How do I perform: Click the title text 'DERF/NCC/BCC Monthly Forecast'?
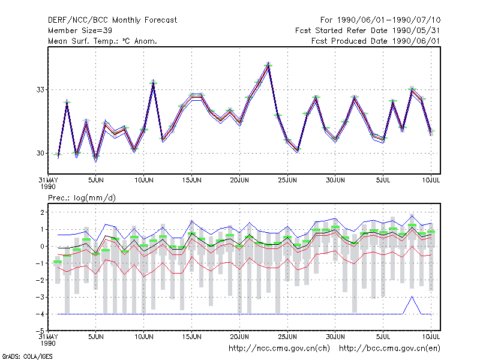(x=112, y=20)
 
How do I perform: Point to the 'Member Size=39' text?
(x=80, y=31)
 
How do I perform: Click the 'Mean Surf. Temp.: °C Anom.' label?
(x=102, y=41)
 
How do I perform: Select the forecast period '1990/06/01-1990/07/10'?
(x=389, y=20)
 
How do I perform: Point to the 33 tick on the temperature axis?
(x=40, y=89)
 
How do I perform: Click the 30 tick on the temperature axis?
(x=40, y=153)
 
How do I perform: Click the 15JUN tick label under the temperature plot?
(x=191, y=180)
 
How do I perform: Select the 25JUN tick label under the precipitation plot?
(x=287, y=337)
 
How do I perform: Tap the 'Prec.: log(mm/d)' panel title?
(x=82, y=198)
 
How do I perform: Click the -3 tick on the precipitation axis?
(x=40, y=297)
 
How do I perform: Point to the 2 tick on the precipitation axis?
(x=42, y=212)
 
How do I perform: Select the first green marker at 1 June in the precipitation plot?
(x=58, y=262)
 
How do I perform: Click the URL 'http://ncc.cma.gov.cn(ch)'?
(x=279, y=349)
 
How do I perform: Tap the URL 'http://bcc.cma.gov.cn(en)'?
(x=389, y=349)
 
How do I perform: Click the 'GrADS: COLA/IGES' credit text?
(x=28, y=356)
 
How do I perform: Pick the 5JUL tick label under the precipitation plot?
(x=383, y=337)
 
